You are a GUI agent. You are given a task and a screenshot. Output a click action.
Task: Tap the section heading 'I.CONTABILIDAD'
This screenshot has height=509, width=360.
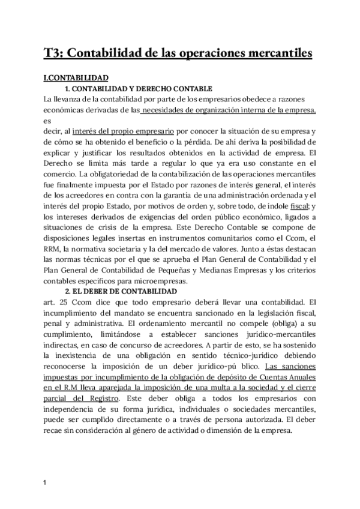(x=76, y=78)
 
